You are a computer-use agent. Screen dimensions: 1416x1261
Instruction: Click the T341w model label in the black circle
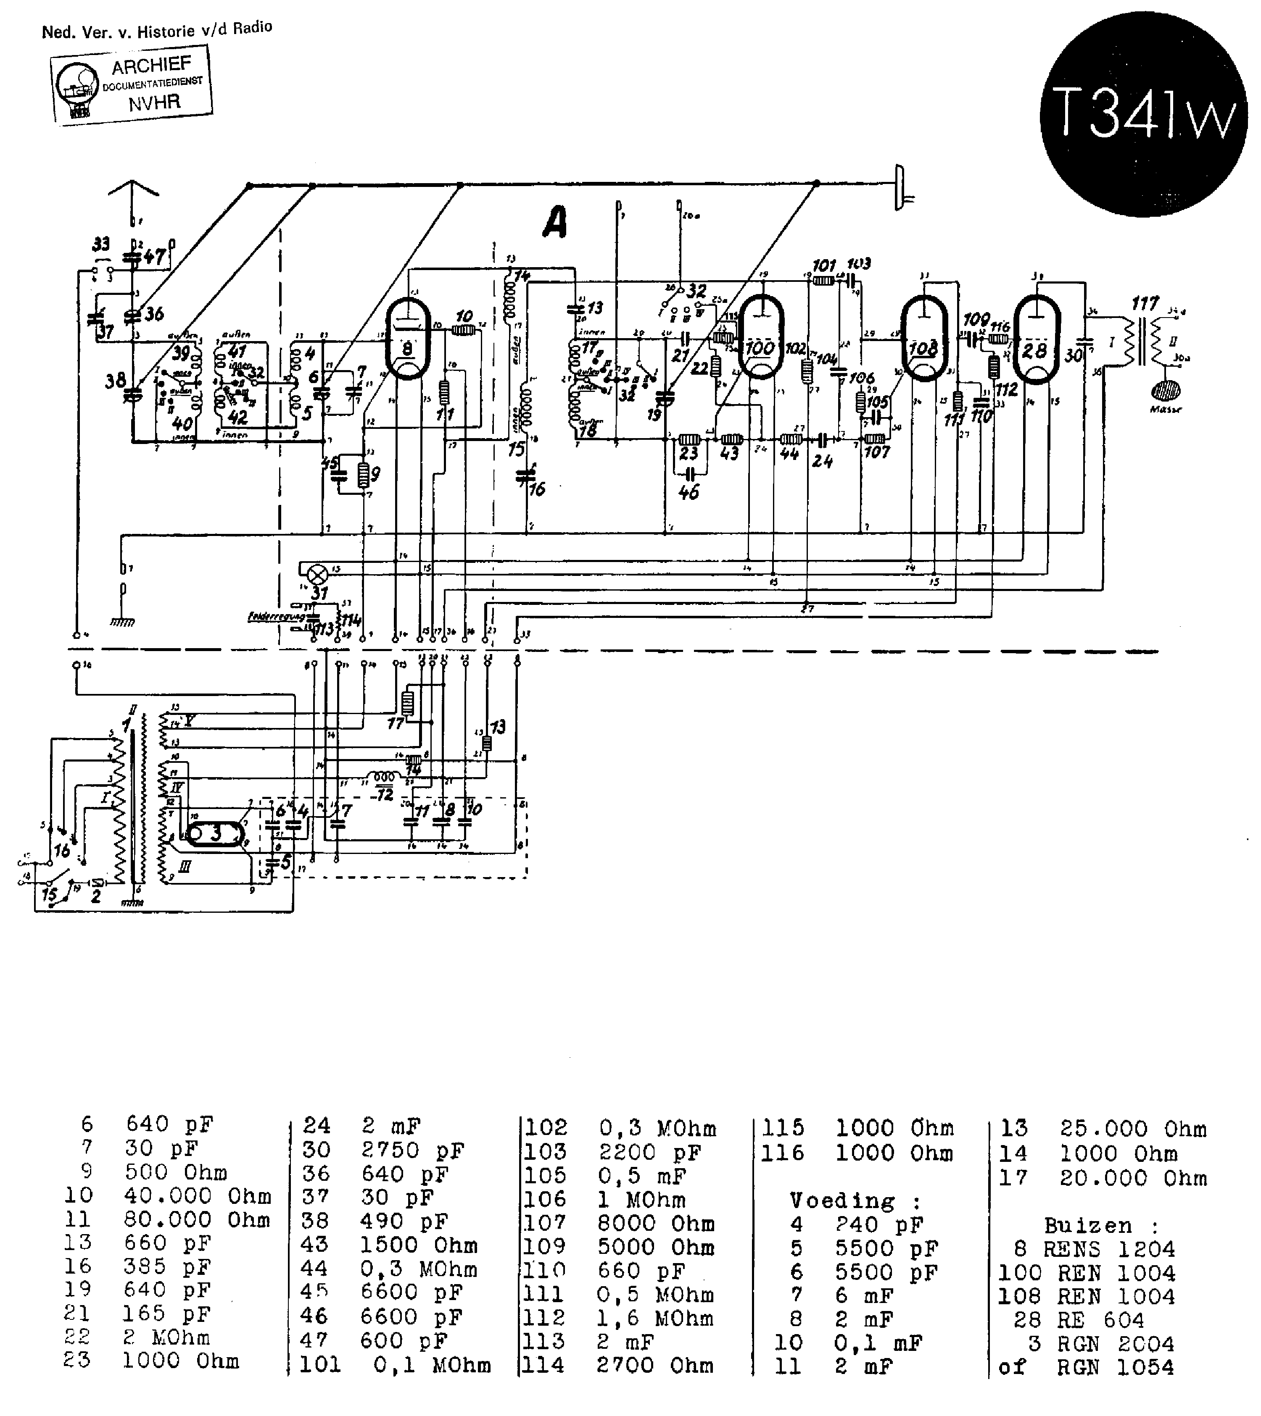point(1144,114)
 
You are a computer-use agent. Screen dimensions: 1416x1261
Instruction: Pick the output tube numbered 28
point(1036,339)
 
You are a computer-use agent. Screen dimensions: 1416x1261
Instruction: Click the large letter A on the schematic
point(554,223)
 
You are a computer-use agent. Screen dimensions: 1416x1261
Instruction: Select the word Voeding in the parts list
point(842,1201)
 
